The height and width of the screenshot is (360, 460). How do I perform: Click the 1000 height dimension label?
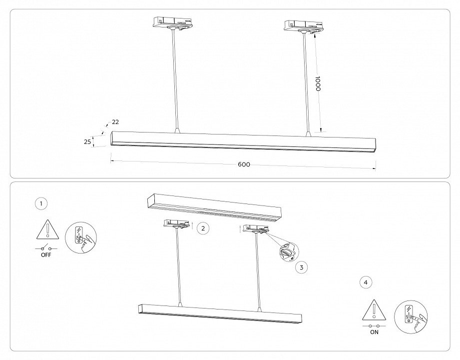point(317,83)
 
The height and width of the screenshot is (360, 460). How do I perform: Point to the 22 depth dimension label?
point(115,122)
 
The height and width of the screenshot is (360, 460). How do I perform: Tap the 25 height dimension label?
point(87,142)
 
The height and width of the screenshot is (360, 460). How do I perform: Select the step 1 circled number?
point(41,203)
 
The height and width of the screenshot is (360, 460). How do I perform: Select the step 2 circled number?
point(202,228)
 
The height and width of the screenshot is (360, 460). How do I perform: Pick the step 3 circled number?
point(301,267)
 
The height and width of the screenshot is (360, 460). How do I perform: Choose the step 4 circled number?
point(366,282)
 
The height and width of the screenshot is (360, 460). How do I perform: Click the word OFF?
point(46,254)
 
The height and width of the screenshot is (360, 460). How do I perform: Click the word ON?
point(374,331)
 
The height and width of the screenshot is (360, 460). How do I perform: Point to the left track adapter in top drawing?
point(172,23)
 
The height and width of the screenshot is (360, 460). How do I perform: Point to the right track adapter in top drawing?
point(302,25)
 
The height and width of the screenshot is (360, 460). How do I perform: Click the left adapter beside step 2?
point(177,224)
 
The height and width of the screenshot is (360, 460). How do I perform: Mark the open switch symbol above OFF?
point(46,247)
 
